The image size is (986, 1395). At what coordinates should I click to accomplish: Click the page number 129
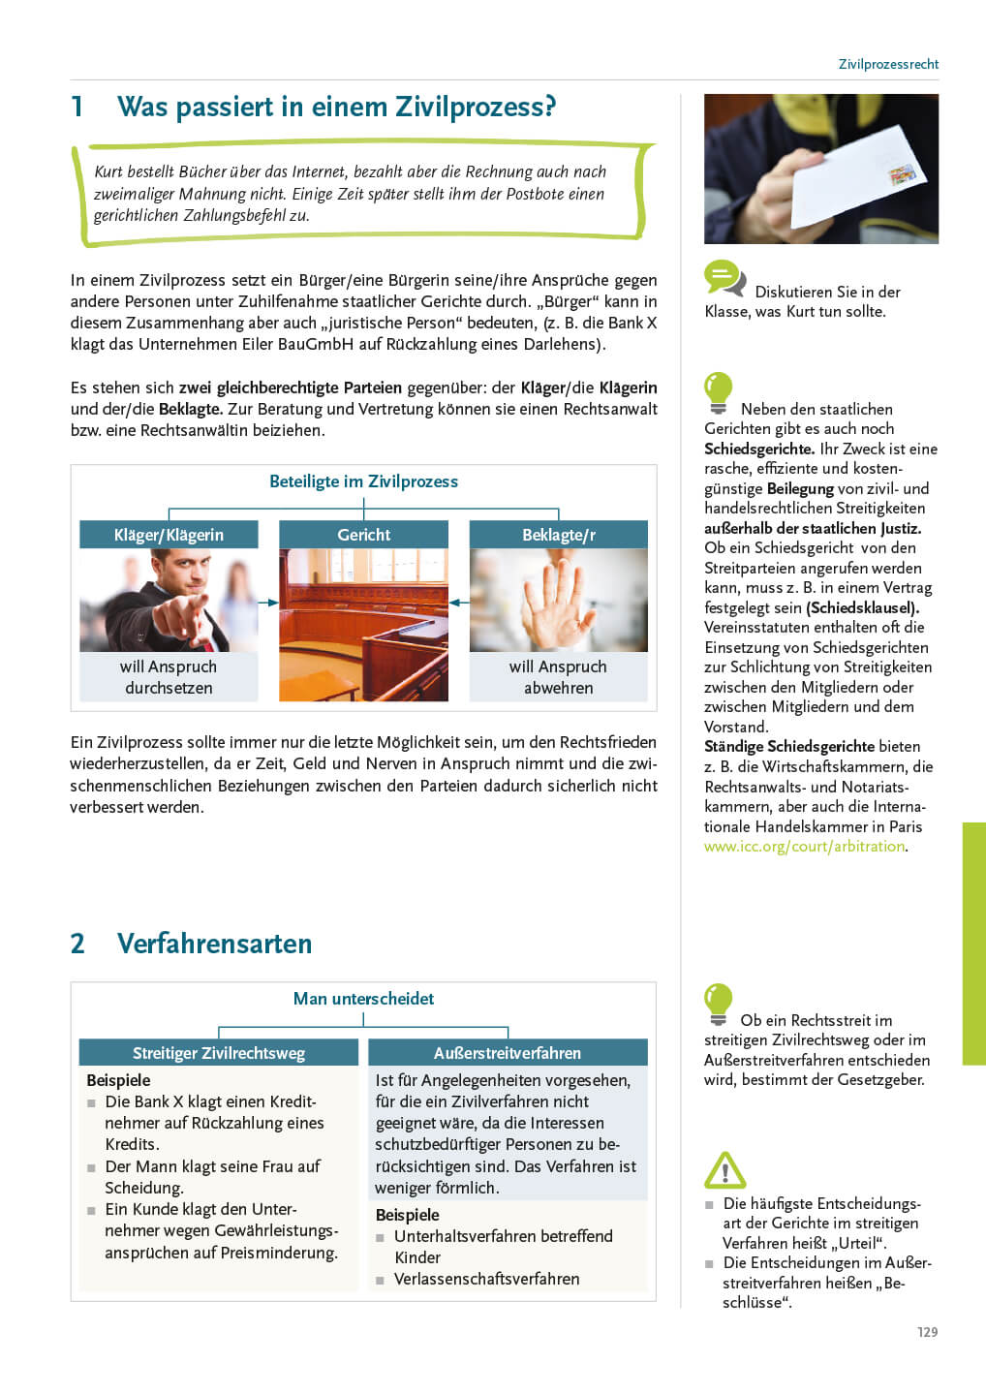pos(927,1332)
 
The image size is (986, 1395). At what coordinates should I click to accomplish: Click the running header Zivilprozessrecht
pos(888,64)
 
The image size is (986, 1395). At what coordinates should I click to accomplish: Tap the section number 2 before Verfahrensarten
pos(77,944)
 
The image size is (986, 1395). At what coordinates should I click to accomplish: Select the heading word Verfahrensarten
pos(214,944)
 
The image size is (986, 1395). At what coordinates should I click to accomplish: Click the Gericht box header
pos(363,535)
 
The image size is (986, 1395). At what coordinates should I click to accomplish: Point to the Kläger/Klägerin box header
pos(169,535)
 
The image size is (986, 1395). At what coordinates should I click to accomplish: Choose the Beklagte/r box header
pos(558,535)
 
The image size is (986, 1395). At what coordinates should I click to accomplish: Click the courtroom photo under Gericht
pos(363,625)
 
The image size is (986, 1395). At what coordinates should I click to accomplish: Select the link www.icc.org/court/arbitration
pos(804,846)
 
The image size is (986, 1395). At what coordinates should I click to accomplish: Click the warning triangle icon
pos(724,1170)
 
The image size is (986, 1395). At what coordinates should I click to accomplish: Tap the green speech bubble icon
pos(724,278)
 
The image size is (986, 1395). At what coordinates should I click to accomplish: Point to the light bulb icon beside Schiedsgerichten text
pos(718,393)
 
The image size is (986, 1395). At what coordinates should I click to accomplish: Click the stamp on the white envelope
pos(902,174)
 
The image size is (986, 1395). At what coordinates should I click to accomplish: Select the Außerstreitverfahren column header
pos(508,1053)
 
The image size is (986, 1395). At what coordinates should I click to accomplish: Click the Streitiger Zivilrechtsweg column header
pos(219,1053)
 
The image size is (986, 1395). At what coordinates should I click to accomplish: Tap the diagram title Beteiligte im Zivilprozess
pos(363,481)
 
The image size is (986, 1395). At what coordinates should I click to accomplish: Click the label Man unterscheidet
pos(363,999)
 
